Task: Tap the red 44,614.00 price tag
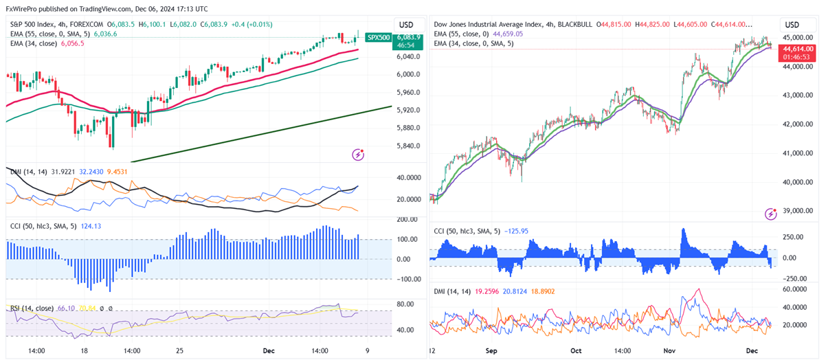799,49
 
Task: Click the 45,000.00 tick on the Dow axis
799,37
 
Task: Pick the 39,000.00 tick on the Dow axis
799,211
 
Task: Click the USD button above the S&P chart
406,23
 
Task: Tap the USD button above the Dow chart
791,24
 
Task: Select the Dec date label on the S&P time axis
269,350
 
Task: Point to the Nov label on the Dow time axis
669,350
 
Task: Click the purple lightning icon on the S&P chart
358,155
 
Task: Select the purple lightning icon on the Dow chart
771,214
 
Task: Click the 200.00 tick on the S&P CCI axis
407,219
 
